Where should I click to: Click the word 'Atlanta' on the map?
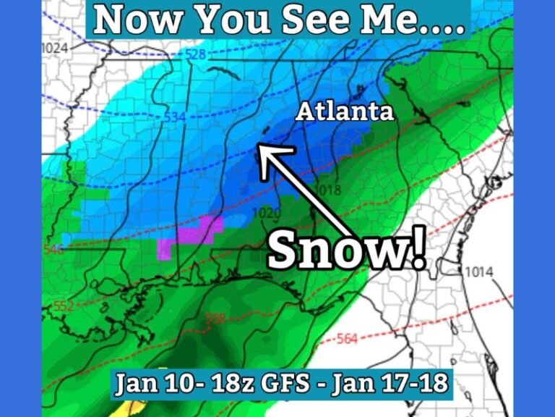point(345,111)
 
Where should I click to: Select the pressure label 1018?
point(327,190)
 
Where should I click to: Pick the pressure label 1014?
point(478,272)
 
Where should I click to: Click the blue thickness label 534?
point(174,117)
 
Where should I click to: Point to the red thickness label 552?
point(64,306)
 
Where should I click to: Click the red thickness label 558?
point(215,318)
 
